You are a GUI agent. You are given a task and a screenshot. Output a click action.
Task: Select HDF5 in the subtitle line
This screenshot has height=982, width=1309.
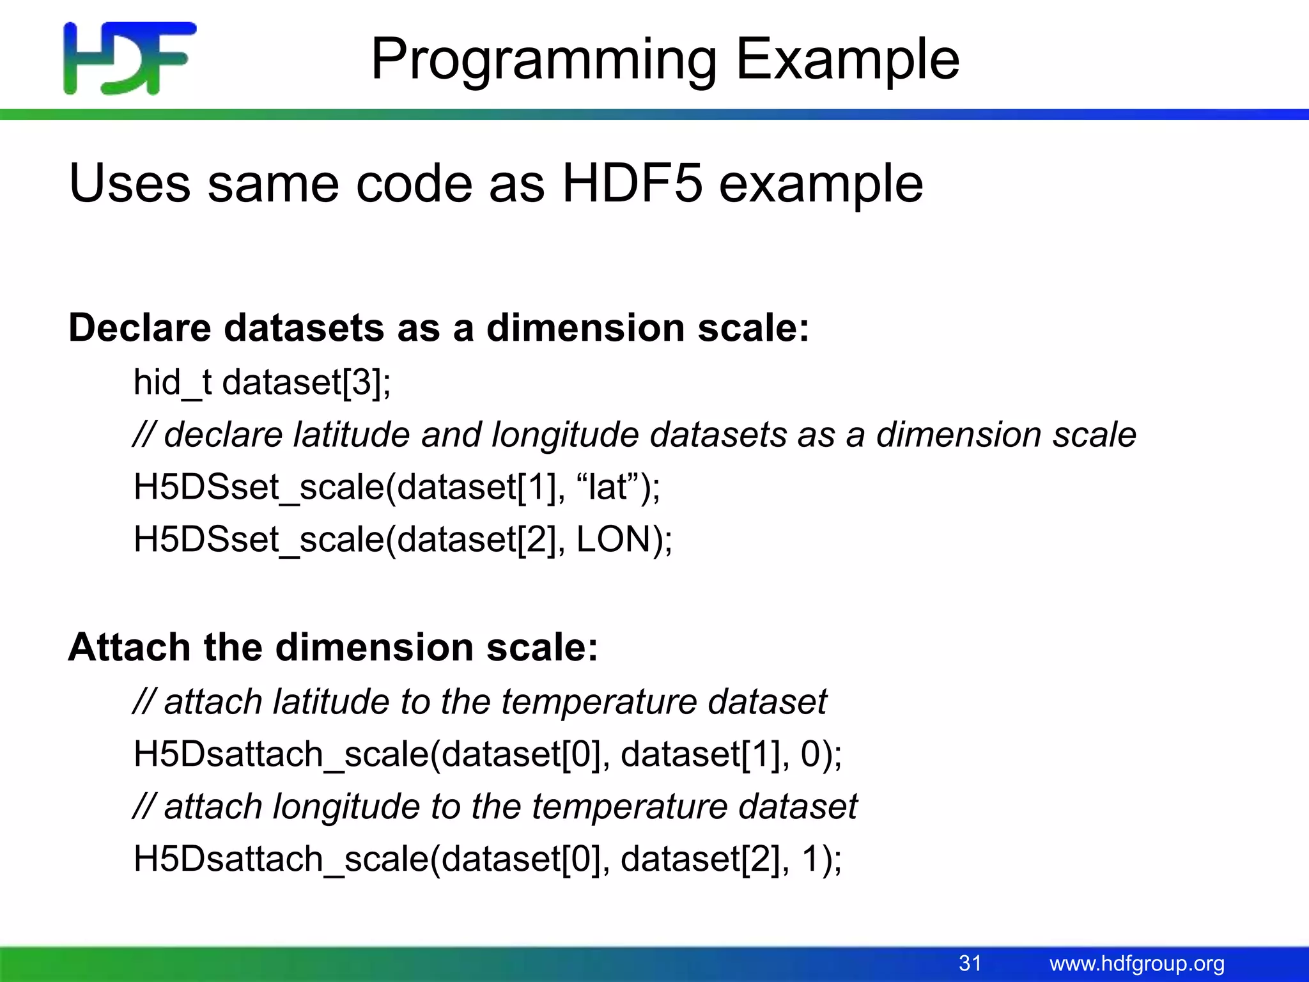[x=632, y=183]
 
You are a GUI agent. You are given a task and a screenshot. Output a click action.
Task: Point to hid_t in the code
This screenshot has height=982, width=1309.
[x=172, y=382]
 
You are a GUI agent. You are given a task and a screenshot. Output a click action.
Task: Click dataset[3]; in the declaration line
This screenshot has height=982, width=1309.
[x=306, y=382]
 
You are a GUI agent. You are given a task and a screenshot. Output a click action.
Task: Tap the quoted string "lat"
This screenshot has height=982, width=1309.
[x=608, y=487]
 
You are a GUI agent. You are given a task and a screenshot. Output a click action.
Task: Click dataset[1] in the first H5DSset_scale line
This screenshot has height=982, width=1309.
[x=476, y=487]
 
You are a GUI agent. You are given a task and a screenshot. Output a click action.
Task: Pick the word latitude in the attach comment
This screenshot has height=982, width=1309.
[x=330, y=701]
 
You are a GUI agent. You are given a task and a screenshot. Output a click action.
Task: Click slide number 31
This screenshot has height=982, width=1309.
[x=970, y=963]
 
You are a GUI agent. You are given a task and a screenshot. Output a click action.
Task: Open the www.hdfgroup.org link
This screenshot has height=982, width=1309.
[x=1136, y=963]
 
